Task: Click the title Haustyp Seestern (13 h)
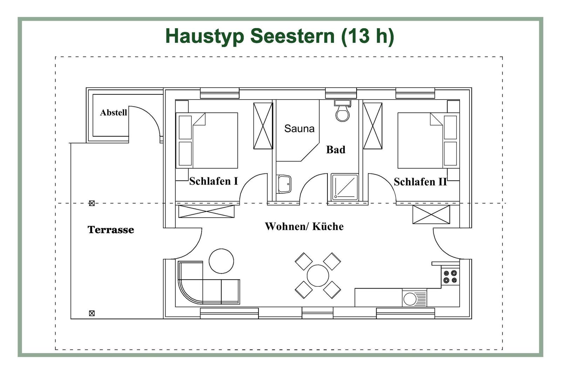click(279, 36)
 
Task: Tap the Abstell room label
click(113, 113)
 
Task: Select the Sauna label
click(299, 129)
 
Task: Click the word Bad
click(336, 150)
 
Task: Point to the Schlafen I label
click(213, 181)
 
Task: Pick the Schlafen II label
click(420, 182)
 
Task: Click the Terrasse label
click(110, 230)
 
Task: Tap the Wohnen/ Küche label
click(304, 226)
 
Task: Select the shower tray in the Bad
click(345, 187)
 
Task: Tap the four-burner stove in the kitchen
click(450, 277)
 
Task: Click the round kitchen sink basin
click(410, 299)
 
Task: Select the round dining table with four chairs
click(318, 276)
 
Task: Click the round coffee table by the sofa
click(221, 261)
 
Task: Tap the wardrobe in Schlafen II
click(372, 126)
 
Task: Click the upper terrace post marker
click(92, 203)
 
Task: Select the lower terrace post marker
click(92, 313)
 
